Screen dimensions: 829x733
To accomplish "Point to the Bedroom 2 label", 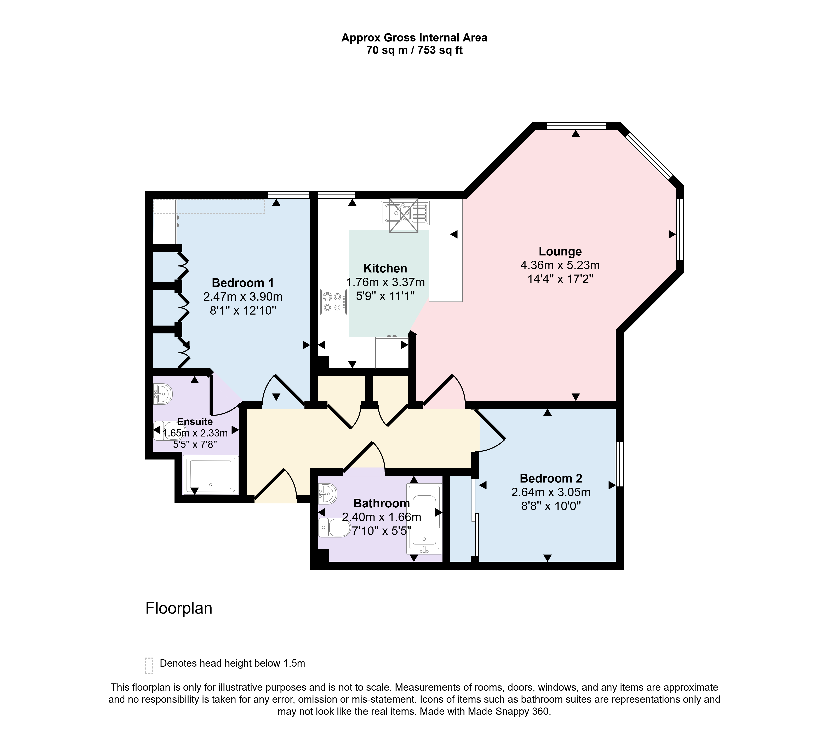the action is (x=551, y=479).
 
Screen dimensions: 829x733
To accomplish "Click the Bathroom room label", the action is (x=381, y=503).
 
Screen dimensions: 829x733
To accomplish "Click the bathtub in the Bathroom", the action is (x=424, y=519).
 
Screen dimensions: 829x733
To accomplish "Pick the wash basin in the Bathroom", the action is (x=328, y=494).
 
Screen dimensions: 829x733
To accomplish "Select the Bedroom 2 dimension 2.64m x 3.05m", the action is (x=551, y=492).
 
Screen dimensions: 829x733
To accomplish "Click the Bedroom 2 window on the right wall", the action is (x=619, y=464).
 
